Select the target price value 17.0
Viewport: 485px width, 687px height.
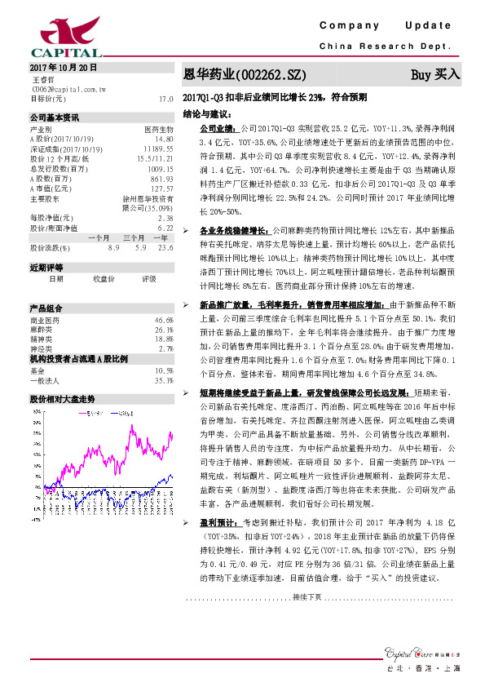point(166,99)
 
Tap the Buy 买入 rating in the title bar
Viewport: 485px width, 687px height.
point(435,74)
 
